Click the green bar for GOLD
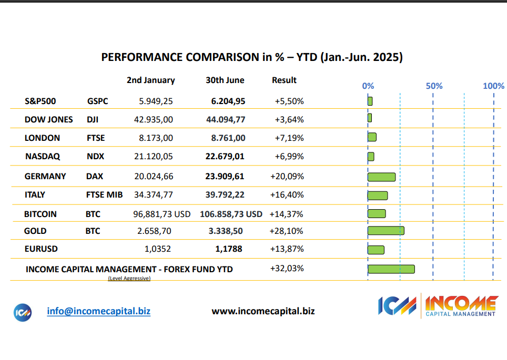tap(386, 231)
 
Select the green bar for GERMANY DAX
tap(381, 177)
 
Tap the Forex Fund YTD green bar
tap(391, 269)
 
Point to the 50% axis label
tap(434, 86)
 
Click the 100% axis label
tap(493, 86)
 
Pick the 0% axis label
tap(368, 86)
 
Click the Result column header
tap(284, 80)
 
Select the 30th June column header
tap(225, 80)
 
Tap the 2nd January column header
tap(151, 80)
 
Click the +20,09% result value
tap(287, 177)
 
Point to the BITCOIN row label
tap(40, 214)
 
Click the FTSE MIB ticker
tap(104, 195)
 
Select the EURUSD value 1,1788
tap(229, 249)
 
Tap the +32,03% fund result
tap(287, 269)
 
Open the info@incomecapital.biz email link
tap(99, 311)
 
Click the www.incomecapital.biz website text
tap(263, 311)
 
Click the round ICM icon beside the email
tap(23, 312)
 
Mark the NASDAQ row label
tap(43, 157)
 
